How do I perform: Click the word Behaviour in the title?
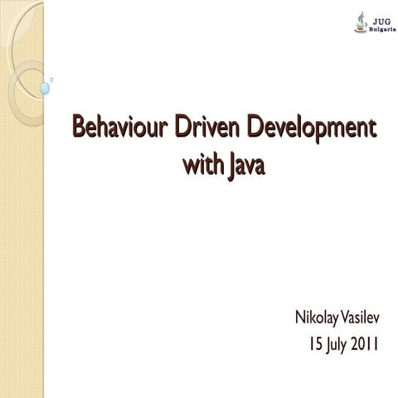(118, 129)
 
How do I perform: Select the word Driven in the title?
(206, 129)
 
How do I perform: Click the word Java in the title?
(245, 168)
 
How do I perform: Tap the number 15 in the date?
(314, 342)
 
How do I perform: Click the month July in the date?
(337, 343)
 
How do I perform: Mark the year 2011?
(366, 342)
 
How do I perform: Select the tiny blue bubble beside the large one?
(51, 80)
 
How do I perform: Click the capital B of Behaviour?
(80, 129)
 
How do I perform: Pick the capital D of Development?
(256, 129)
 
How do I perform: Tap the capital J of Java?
(228, 168)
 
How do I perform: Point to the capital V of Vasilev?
(346, 318)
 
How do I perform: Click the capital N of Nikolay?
(300, 318)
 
